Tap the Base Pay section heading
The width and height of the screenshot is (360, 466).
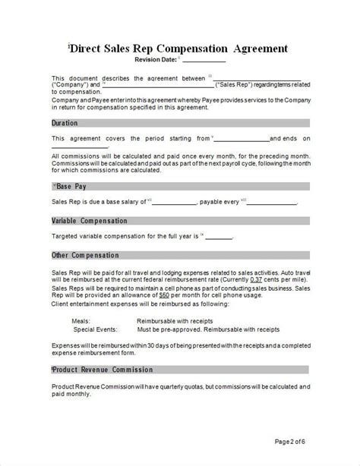(69, 186)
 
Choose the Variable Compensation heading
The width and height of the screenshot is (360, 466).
(88, 221)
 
